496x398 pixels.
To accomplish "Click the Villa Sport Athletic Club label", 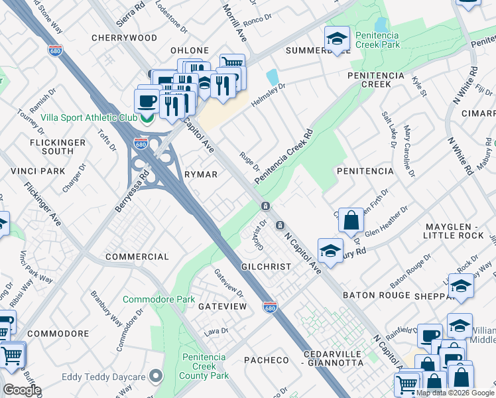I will tap(88, 117).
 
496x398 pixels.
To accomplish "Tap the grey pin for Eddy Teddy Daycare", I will tap(156, 377).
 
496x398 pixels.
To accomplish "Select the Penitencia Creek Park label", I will tap(377, 40).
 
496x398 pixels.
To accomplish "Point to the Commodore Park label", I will tap(158, 300).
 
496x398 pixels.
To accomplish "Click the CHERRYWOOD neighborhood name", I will tap(125, 38).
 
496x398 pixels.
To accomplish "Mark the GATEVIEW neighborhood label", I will tap(222, 306).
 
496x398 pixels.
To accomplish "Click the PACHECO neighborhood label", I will tap(266, 360).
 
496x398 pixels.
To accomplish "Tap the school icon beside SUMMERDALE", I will tap(337, 38).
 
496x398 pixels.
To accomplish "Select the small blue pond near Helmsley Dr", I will tap(273, 76).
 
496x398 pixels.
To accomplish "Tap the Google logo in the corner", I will tap(22, 390).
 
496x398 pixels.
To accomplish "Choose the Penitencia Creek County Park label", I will tap(206, 366).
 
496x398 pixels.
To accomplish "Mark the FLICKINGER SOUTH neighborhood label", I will tap(58, 147).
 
